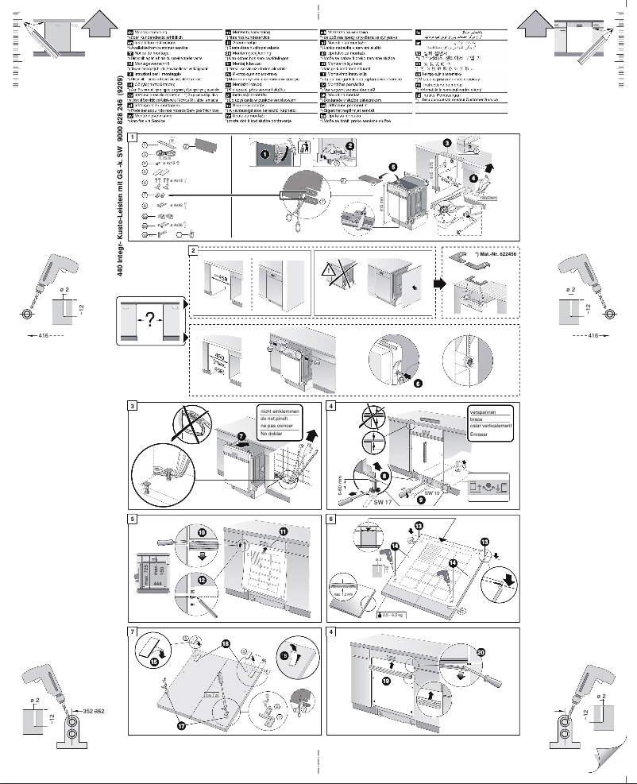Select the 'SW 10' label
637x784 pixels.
[x=432, y=492]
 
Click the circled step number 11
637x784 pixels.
[x=284, y=531]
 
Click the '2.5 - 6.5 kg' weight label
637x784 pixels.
[x=392, y=614]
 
